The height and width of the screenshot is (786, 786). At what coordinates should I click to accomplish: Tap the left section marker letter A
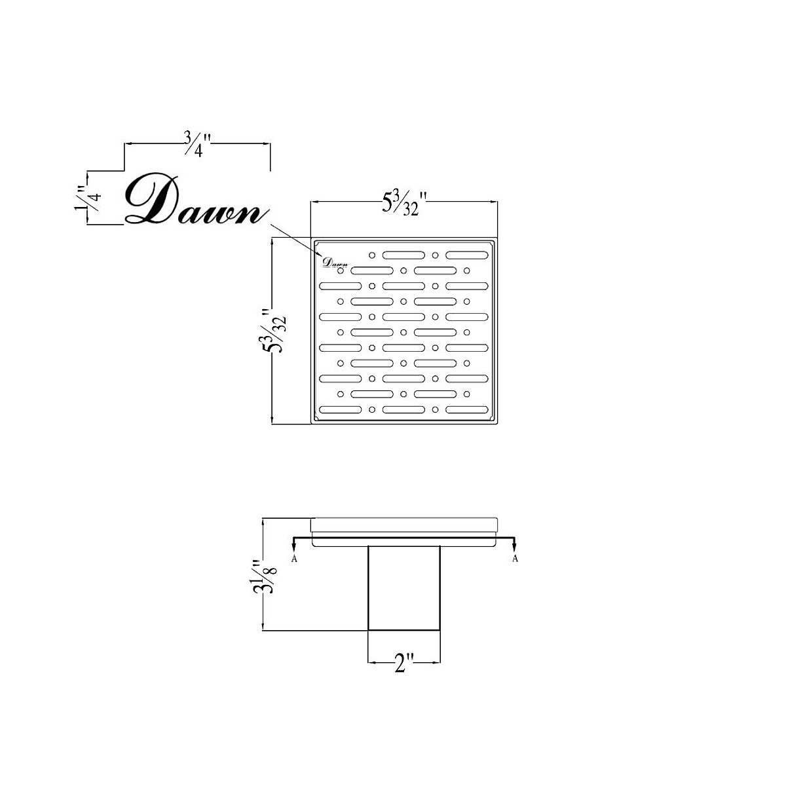tap(294, 559)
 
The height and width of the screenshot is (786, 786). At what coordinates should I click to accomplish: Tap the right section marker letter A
tap(515, 559)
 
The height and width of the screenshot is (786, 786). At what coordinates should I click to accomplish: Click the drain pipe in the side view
tap(403, 587)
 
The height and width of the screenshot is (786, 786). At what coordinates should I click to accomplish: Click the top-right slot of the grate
tap(467, 254)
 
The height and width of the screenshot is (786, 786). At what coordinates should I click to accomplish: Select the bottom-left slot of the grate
tap(341, 409)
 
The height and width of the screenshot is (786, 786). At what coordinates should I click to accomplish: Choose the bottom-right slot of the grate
tap(467, 409)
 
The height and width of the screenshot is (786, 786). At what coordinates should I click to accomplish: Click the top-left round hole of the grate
tap(372, 254)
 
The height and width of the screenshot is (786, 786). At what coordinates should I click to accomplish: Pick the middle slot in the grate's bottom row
tap(403, 409)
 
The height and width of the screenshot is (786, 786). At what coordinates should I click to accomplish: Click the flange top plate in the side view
tap(404, 525)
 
